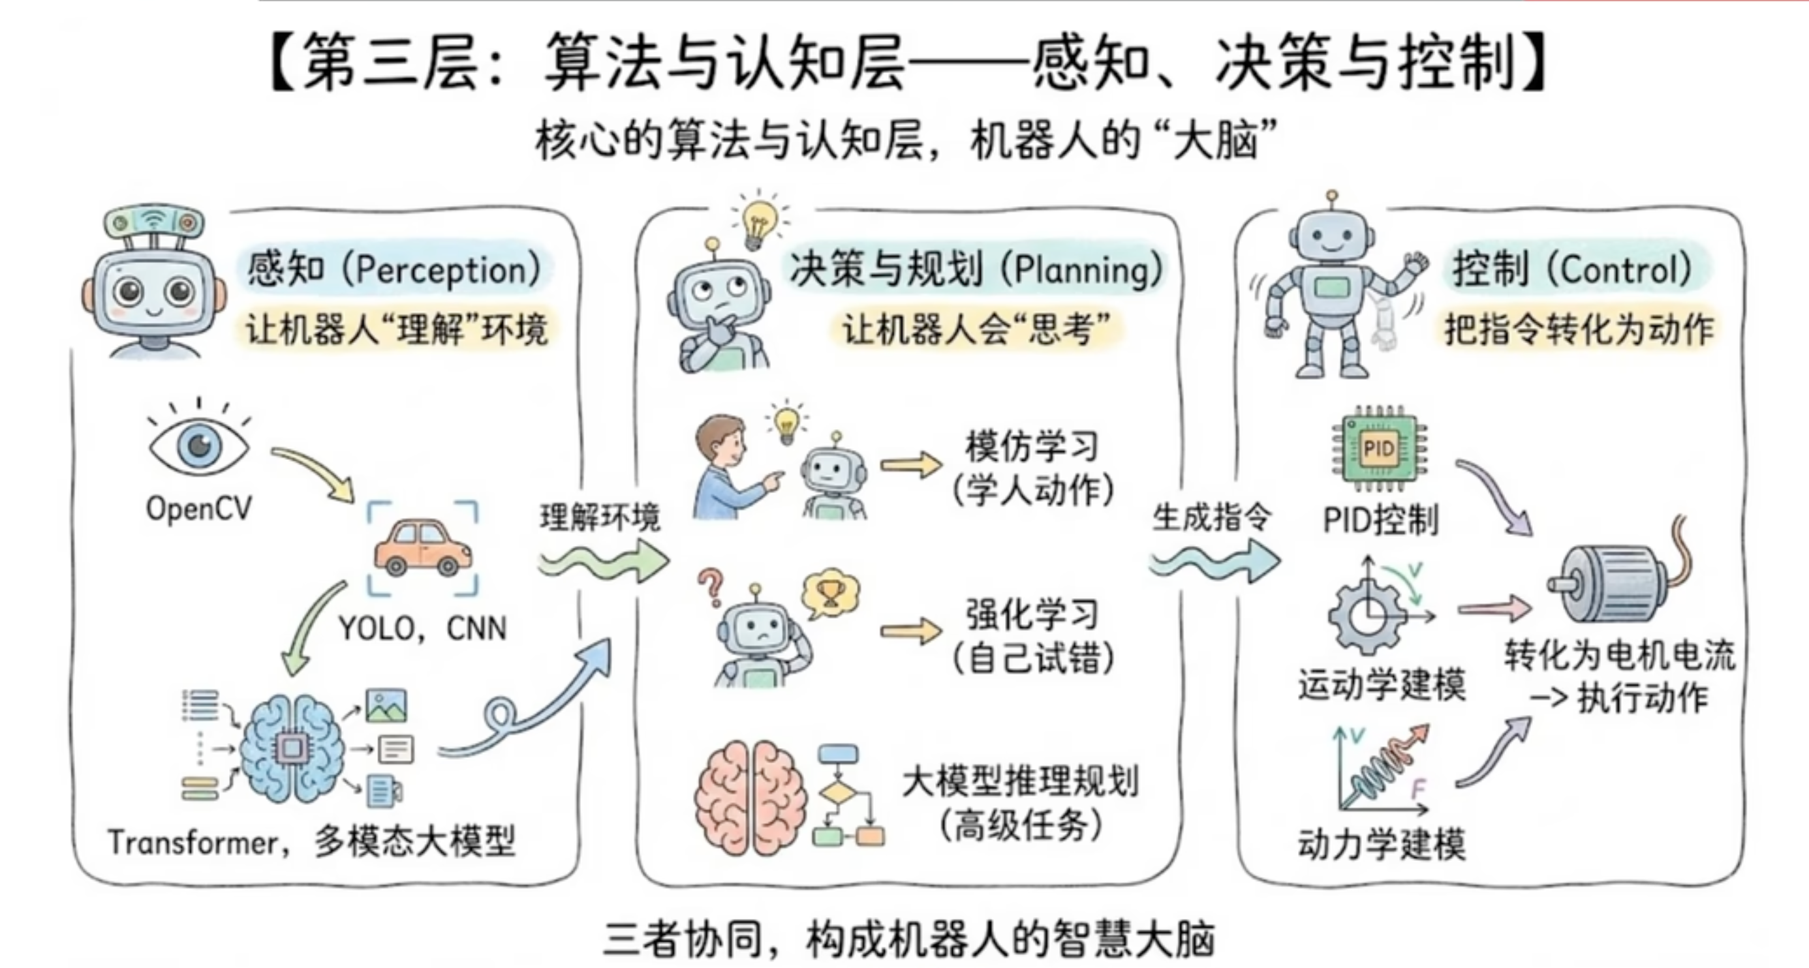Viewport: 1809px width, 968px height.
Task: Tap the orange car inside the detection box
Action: pos(423,548)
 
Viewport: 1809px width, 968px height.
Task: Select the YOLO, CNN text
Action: pos(422,629)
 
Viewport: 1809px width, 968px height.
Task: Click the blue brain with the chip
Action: pos(293,748)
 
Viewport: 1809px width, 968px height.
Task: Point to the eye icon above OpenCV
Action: pos(199,444)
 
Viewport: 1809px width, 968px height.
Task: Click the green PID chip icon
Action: pos(1378,449)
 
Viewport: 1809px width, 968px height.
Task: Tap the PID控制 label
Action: pos(1381,521)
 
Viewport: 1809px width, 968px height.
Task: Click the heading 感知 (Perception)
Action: pos(394,269)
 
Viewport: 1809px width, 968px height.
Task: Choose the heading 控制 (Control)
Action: pos(1571,269)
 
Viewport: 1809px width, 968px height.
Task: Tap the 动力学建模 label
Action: pos(1382,845)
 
